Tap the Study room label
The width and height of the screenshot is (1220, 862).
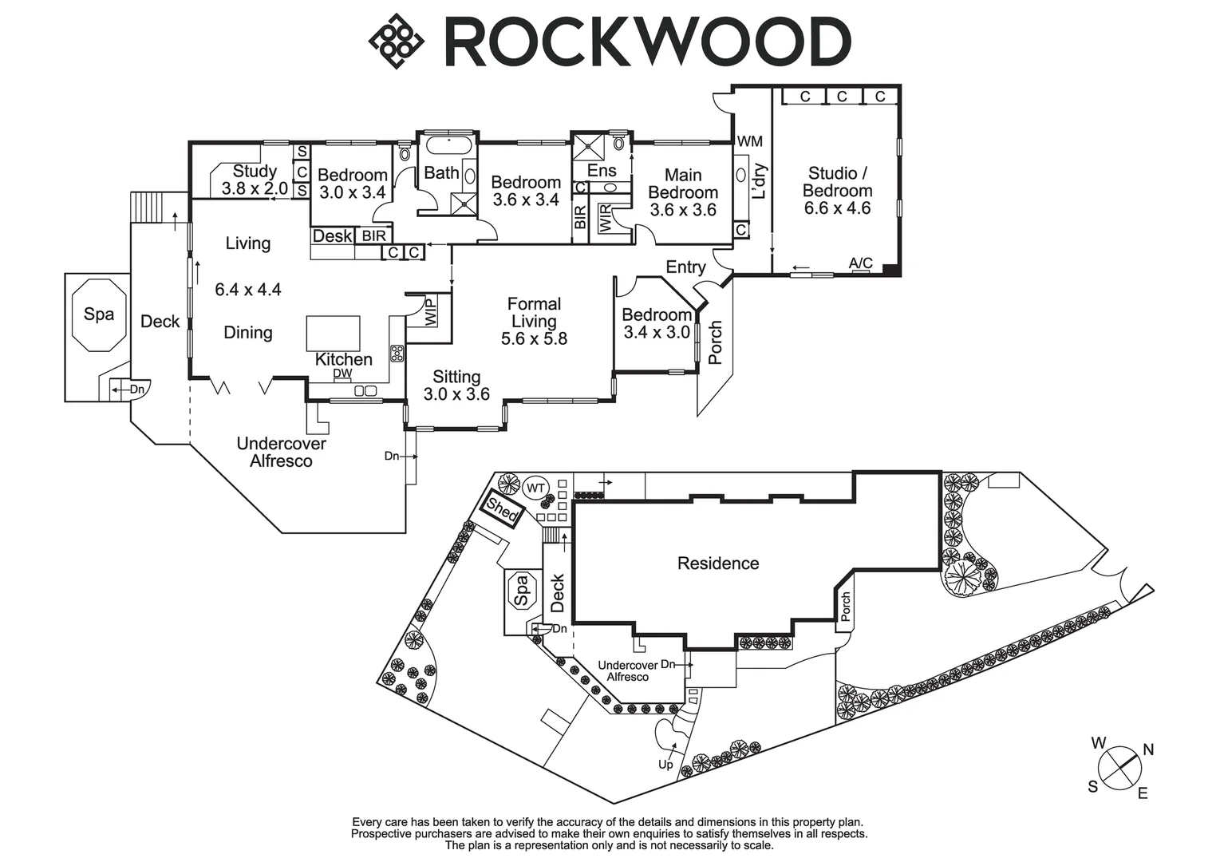click(x=255, y=171)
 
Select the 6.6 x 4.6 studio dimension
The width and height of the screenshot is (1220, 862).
click(x=837, y=208)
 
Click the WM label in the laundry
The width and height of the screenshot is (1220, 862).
click(x=749, y=142)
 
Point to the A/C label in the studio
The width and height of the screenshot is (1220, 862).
click(x=860, y=263)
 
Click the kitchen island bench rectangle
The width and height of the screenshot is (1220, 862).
click(x=333, y=333)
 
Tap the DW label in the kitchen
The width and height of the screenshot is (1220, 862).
click(x=342, y=373)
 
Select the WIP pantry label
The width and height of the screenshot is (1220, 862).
click(x=431, y=312)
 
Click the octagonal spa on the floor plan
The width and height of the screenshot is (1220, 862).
click(x=99, y=314)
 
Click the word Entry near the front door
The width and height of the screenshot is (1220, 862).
click(x=685, y=267)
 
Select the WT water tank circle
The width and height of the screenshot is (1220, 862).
click(x=536, y=488)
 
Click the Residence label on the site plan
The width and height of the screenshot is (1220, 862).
click(x=717, y=563)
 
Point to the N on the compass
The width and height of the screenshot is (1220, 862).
click(x=1148, y=749)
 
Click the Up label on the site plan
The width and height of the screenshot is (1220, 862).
click(x=665, y=765)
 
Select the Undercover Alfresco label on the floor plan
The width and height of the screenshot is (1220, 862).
click(x=281, y=452)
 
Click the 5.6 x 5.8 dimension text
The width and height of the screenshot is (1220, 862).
click(x=534, y=338)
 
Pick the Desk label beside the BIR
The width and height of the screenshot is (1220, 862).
click(x=332, y=236)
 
